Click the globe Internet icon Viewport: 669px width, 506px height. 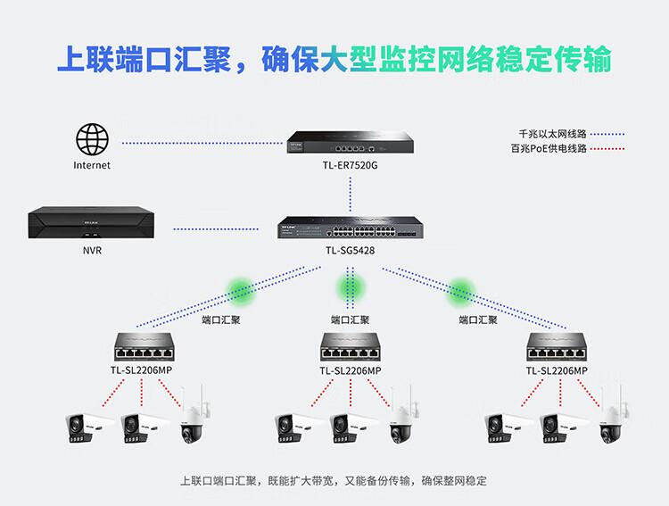tap(92, 141)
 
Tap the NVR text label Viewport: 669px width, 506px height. tap(91, 251)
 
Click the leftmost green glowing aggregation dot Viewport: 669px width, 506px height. tap(241, 287)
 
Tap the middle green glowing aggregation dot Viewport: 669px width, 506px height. tap(351, 287)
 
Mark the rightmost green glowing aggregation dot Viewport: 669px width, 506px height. tap(461, 287)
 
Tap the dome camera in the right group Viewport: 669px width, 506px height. tap(611, 417)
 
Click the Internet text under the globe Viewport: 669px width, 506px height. tap(92, 166)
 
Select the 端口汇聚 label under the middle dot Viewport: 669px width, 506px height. tap(351, 319)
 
